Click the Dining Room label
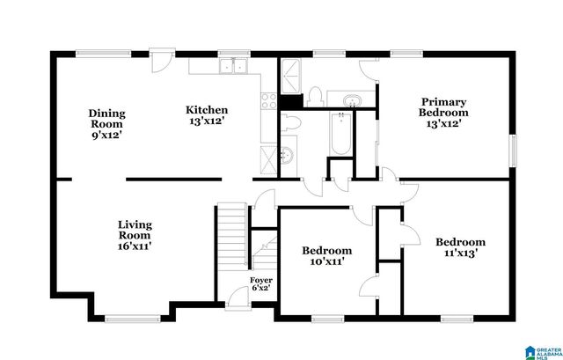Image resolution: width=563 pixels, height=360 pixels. click(106, 124)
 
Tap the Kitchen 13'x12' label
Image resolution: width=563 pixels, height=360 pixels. click(207, 115)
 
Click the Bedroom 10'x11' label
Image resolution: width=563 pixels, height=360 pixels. click(327, 256)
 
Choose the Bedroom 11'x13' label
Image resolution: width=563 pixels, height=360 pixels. click(460, 247)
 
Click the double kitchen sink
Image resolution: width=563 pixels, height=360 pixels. click(233, 65)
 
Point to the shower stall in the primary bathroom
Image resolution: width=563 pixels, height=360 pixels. click(290, 78)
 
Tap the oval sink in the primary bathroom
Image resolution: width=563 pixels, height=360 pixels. click(351, 99)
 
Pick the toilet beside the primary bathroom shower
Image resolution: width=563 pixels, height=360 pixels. click(314, 96)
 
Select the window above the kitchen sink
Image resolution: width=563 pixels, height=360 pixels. click(232, 52)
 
